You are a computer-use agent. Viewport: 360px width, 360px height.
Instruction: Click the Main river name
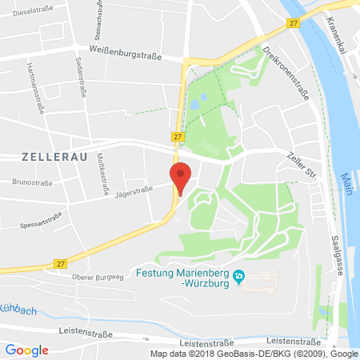pyautogui.click(x=345, y=184)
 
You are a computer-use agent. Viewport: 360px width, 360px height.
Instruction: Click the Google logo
pyautogui.click(x=27, y=350)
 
